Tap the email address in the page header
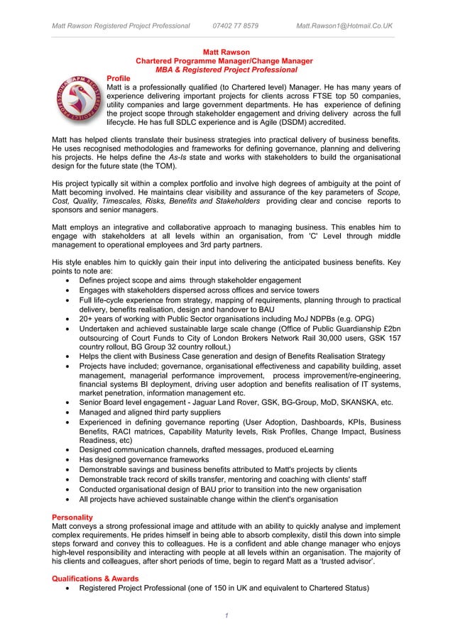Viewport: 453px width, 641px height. coord(344,26)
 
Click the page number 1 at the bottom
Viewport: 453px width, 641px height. coord(226,614)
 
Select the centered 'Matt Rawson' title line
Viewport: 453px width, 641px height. coord(226,52)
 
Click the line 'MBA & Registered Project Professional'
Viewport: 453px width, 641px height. coord(226,70)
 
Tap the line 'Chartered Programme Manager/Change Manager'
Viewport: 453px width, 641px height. coord(226,61)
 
